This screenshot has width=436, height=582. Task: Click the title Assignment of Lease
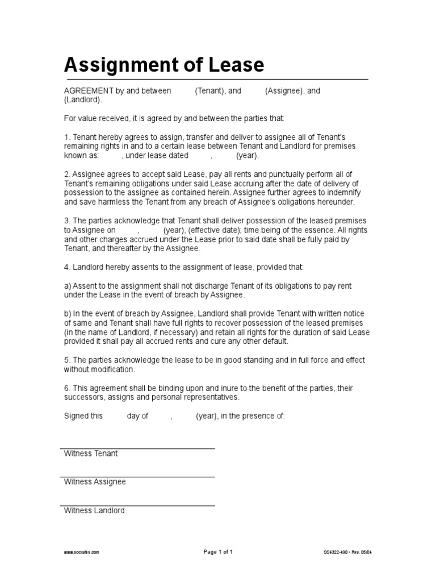(x=163, y=65)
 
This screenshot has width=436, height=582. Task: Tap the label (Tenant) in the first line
(x=210, y=91)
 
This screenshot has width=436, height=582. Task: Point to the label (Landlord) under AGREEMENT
(x=83, y=99)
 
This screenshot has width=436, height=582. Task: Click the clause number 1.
(x=66, y=138)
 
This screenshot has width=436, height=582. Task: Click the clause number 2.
(x=66, y=174)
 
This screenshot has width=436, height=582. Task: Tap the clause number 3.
(x=66, y=221)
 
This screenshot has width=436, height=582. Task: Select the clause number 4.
(x=66, y=267)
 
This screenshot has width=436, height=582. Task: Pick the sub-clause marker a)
(x=67, y=285)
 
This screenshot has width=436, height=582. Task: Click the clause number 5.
(x=66, y=360)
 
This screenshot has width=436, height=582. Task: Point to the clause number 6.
(x=66, y=388)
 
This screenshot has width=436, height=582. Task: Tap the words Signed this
(x=83, y=416)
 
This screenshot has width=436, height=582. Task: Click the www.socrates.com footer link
(x=82, y=552)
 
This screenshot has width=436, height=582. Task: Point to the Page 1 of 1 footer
(x=218, y=552)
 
